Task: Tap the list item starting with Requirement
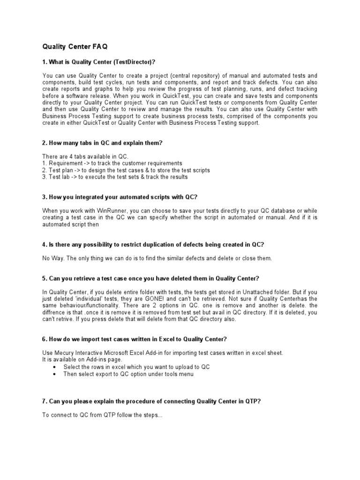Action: pyautogui.click(x=112, y=163)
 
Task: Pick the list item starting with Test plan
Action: pyautogui.click(x=126, y=170)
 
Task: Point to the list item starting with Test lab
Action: pyautogui.click(x=115, y=177)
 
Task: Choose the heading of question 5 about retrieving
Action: pyautogui.click(x=150, y=278)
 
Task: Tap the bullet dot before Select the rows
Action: pyautogui.click(x=56, y=367)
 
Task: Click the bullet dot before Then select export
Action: pyautogui.click(x=56, y=374)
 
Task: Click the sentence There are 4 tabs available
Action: pyautogui.click(x=85, y=156)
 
